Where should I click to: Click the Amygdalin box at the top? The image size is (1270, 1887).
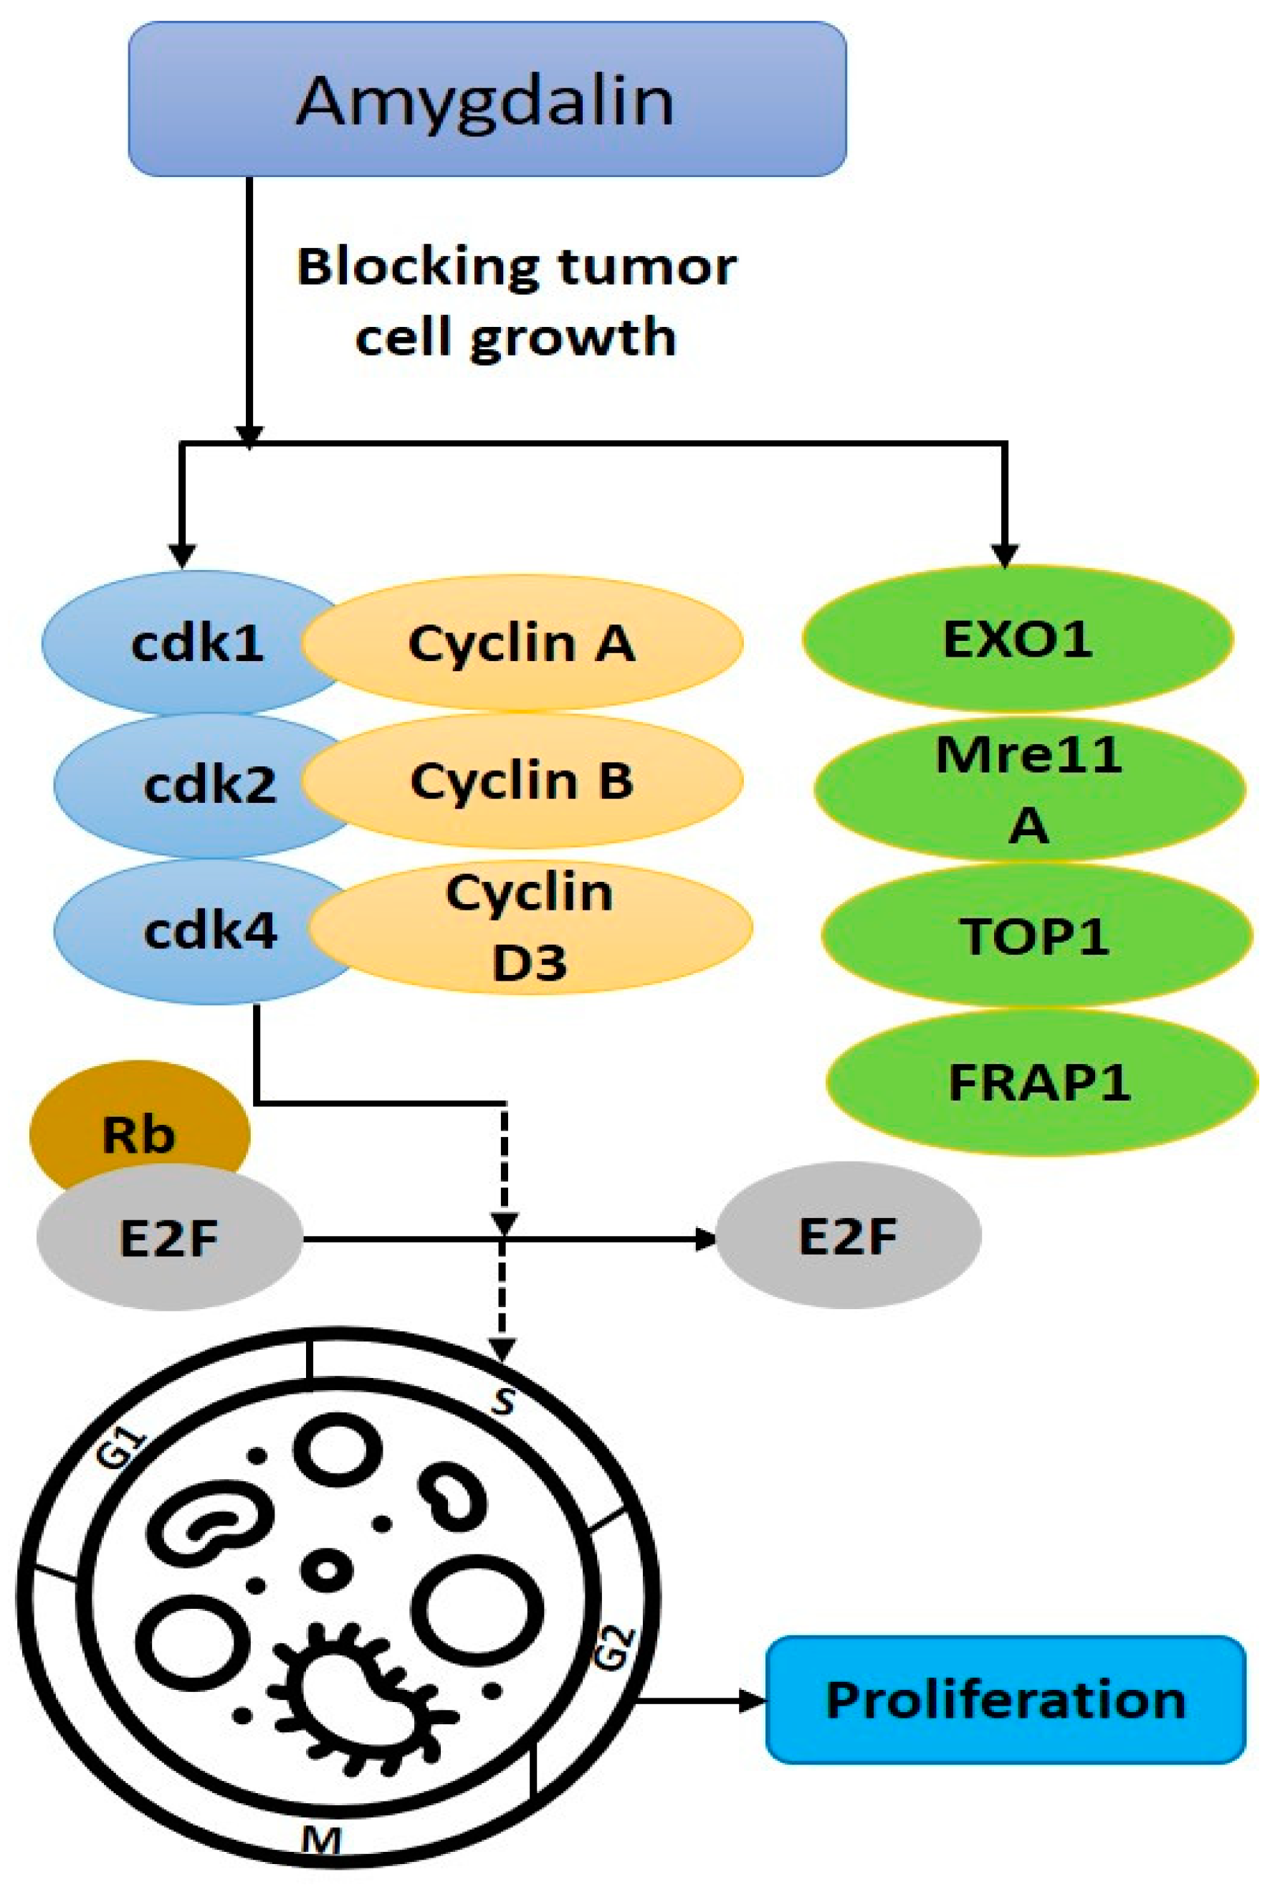coord(487,99)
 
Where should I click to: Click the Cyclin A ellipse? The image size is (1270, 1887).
coord(522,642)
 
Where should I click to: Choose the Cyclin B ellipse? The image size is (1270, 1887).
coord(522,781)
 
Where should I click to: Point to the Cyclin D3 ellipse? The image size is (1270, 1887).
coord(530,926)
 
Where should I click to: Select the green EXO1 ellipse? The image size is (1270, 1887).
coord(1018,639)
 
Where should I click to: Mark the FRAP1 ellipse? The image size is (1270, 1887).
coord(1040,1082)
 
